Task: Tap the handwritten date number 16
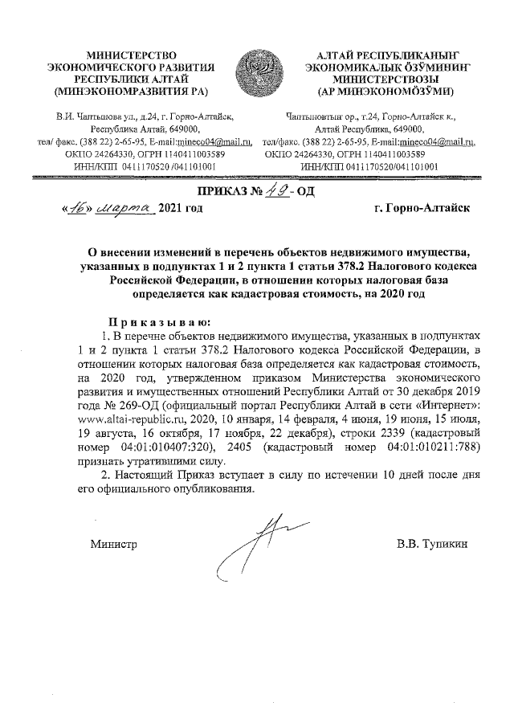(x=78, y=208)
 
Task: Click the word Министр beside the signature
(x=113, y=545)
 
